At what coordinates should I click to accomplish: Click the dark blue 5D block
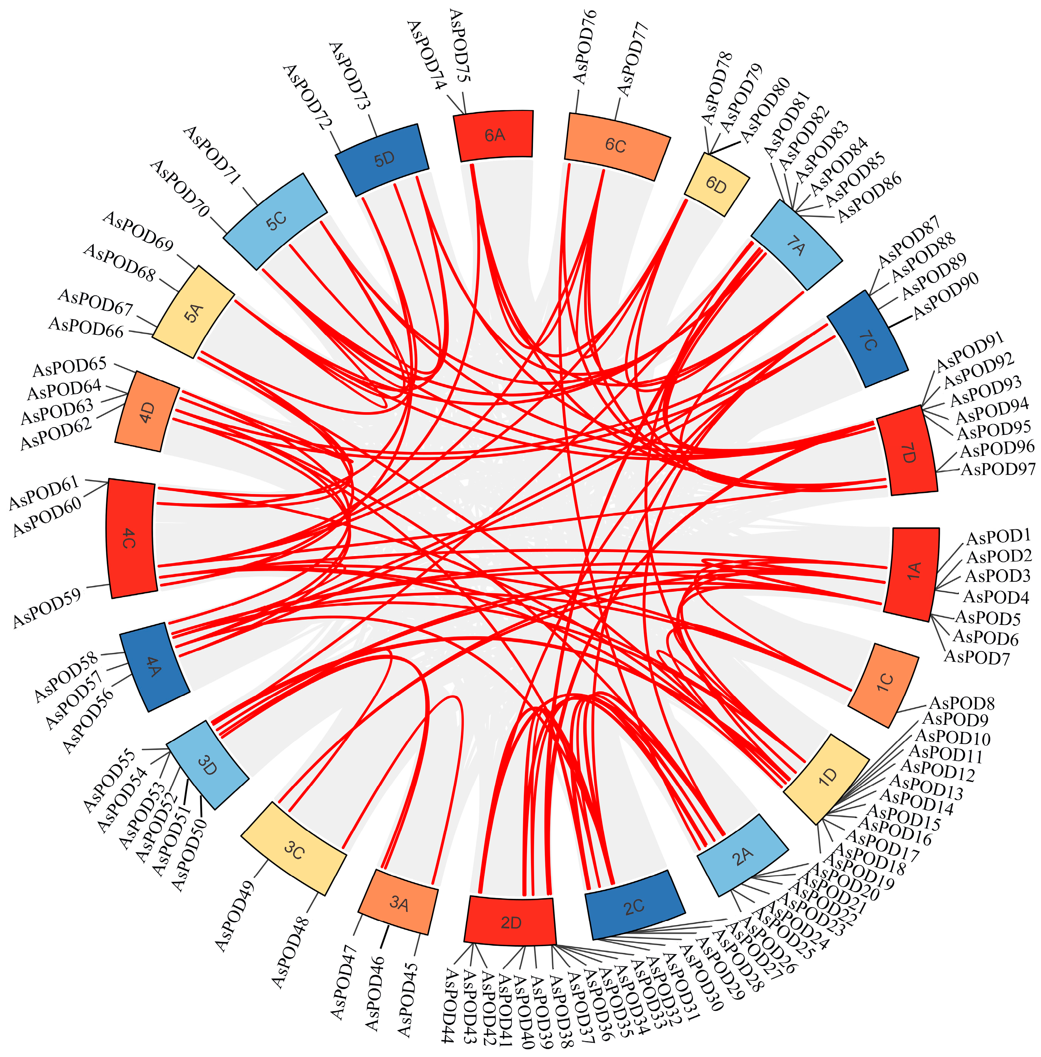pyautogui.click(x=383, y=159)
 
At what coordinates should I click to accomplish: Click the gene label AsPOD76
pyautogui.click(x=585, y=47)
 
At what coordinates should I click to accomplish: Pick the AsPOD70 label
pyautogui.click(x=180, y=189)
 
